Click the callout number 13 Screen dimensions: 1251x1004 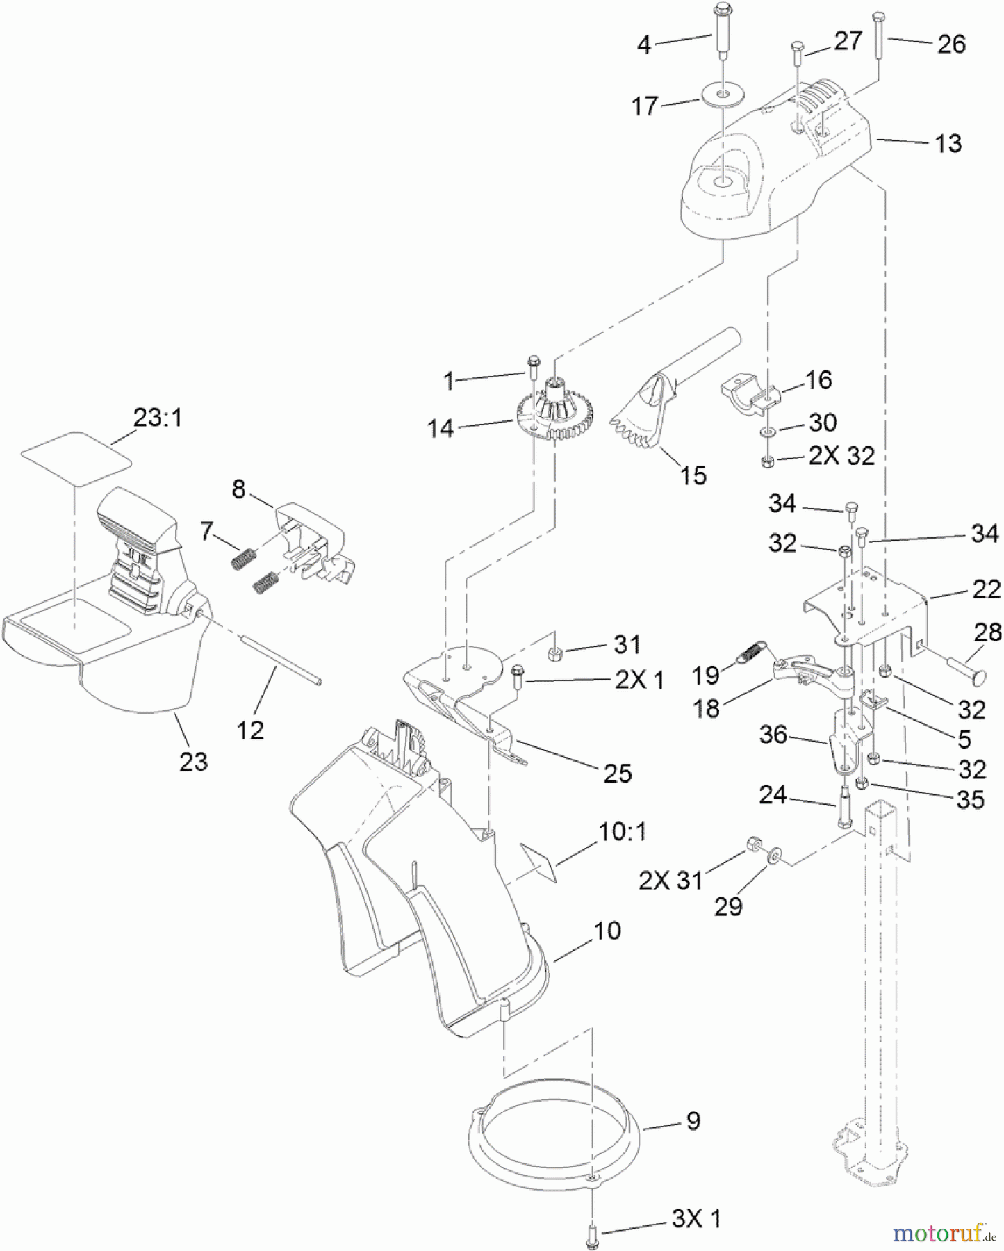tap(948, 144)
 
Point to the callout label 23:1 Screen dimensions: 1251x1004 tap(157, 418)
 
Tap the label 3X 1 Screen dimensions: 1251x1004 tap(696, 1218)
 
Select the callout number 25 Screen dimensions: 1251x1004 tap(617, 774)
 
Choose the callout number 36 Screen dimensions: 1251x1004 tap(773, 735)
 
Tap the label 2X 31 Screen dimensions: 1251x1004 tap(670, 881)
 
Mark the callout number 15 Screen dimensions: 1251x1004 tap(693, 476)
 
